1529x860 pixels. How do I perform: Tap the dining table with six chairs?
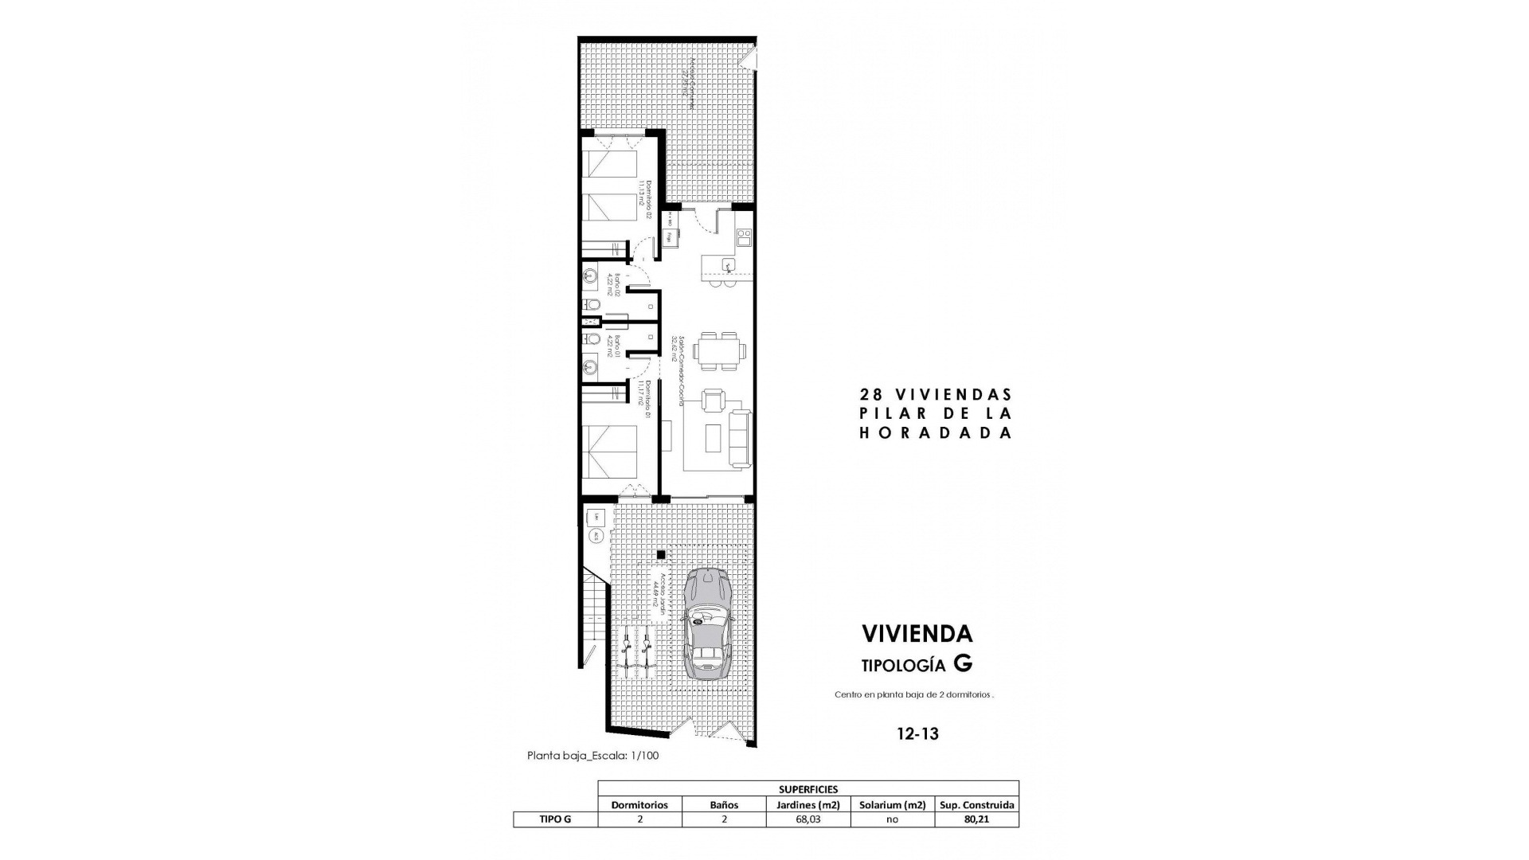point(720,350)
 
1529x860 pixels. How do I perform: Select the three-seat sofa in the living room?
point(740,437)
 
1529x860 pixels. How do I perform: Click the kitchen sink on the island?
point(727,264)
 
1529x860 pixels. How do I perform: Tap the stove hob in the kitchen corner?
point(744,236)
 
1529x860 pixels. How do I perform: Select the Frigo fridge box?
point(670,236)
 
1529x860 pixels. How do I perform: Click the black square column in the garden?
point(660,554)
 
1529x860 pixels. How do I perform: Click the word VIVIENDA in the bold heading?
point(917,634)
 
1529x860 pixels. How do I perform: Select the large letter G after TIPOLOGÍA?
point(963,663)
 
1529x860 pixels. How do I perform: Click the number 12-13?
point(917,734)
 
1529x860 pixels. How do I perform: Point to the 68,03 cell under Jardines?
point(808,819)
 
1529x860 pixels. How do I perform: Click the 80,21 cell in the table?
point(976,819)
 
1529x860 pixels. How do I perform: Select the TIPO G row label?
point(555,819)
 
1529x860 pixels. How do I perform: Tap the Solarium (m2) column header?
point(892,804)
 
